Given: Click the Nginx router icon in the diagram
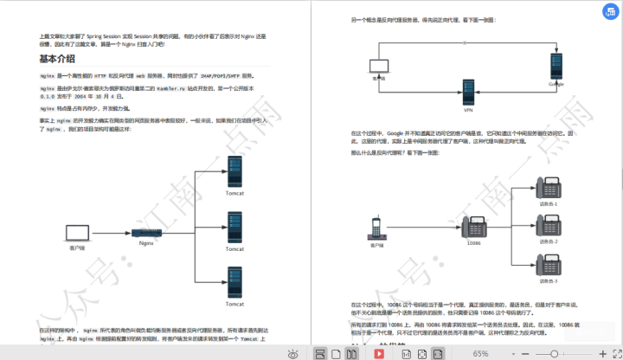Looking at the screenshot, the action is (146, 233).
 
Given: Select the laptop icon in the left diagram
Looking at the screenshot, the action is (76, 233).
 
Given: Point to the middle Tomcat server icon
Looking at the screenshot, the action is (235, 229).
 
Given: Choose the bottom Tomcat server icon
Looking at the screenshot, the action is (235, 281).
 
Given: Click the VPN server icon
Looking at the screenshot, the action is (468, 93).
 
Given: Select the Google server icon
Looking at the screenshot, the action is (556, 66).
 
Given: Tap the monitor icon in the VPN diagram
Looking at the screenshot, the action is (378, 66).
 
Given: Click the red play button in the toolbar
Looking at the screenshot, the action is (379, 354).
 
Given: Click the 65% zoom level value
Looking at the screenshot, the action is (481, 354).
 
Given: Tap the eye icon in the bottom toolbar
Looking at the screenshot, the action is (294, 354).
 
